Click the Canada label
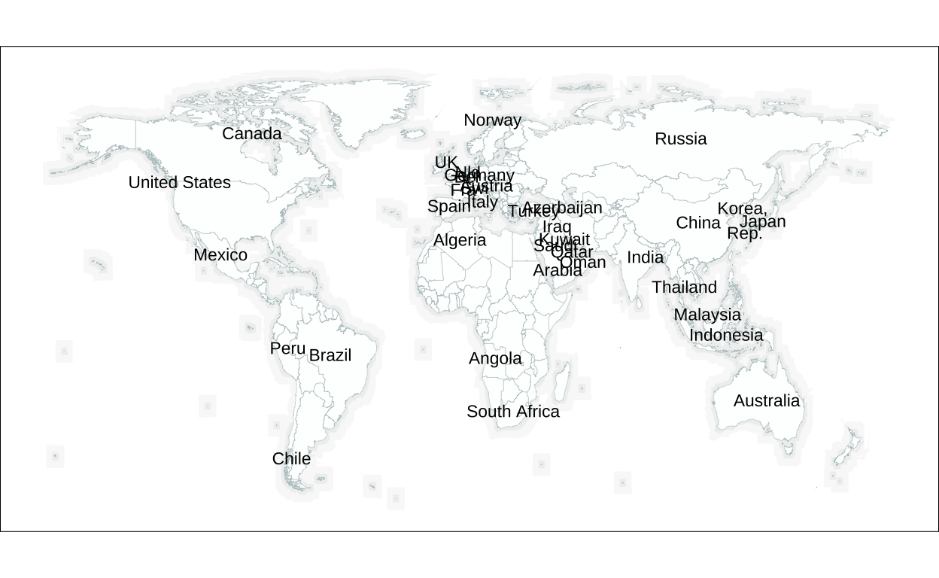tap(251, 134)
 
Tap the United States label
tap(179, 182)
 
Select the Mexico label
tap(220, 255)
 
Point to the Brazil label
tap(330, 355)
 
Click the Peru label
tap(287, 348)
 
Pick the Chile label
tap(291, 458)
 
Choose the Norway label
tap(492, 120)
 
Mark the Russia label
tap(681, 138)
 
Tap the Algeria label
tap(460, 240)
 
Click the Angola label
tap(495, 359)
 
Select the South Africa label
tap(513, 412)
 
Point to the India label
tap(646, 257)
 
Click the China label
tap(698, 223)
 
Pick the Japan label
tap(763, 221)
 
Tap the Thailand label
tap(684, 287)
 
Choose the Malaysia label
tap(707, 315)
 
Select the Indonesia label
tap(726, 335)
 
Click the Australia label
tap(767, 401)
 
